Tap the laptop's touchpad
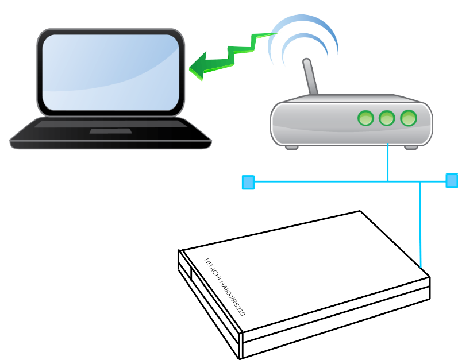[110, 131]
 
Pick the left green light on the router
[365, 118]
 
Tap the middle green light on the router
[387, 118]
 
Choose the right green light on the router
[409, 118]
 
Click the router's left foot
[292, 147]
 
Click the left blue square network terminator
[248, 183]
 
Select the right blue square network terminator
[452, 180]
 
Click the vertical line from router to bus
[388, 164]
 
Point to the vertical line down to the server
[421, 224]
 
